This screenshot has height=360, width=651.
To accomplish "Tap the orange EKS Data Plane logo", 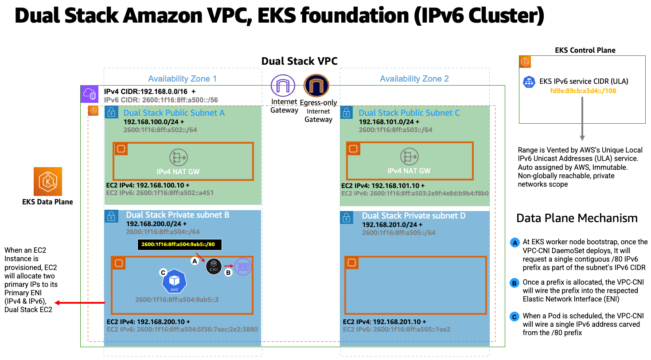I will (x=48, y=181).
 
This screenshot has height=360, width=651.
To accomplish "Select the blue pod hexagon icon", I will (x=174, y=281).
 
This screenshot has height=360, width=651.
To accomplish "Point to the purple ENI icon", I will (x=242, y=267).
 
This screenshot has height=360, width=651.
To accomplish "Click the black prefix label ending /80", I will (x=179, y=244).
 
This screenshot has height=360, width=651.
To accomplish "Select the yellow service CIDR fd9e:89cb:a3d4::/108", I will (x=583, y=91).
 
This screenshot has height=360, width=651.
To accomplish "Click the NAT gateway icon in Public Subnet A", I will (x=179, y=157).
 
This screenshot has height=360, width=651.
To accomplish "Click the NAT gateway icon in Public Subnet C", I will (x=409, y=157).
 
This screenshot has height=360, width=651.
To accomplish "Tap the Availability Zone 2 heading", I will (x=414, y=78).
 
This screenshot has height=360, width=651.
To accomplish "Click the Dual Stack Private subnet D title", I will (x=413, y=216).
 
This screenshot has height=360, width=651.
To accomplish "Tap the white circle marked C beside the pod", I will (x=163, y=273).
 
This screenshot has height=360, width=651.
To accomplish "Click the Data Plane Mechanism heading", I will (x=577, y=218).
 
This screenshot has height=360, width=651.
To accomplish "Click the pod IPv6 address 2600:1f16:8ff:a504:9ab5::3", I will (x=177, y=300).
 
